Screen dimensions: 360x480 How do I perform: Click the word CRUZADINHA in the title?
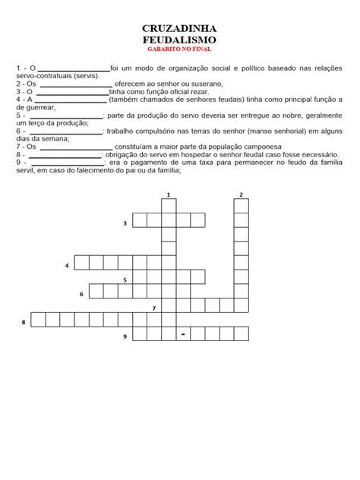pos(179,27)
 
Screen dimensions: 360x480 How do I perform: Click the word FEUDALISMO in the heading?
pos(179,39)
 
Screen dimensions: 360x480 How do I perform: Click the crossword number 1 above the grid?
pos(168,195)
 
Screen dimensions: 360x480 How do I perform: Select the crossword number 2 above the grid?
pos(241,195)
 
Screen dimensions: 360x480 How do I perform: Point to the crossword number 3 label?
pos(125,223)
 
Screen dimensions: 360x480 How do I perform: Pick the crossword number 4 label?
pos(67,265)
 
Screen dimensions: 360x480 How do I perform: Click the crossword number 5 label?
pos(125,279)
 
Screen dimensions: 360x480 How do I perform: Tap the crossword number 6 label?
pos(81,293)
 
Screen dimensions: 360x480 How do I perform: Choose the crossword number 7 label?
pos(153,308)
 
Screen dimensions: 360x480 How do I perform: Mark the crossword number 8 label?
pos(24,322)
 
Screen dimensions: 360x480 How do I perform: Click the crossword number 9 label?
pos(125,336)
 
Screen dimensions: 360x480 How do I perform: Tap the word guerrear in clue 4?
pos(39,107)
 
